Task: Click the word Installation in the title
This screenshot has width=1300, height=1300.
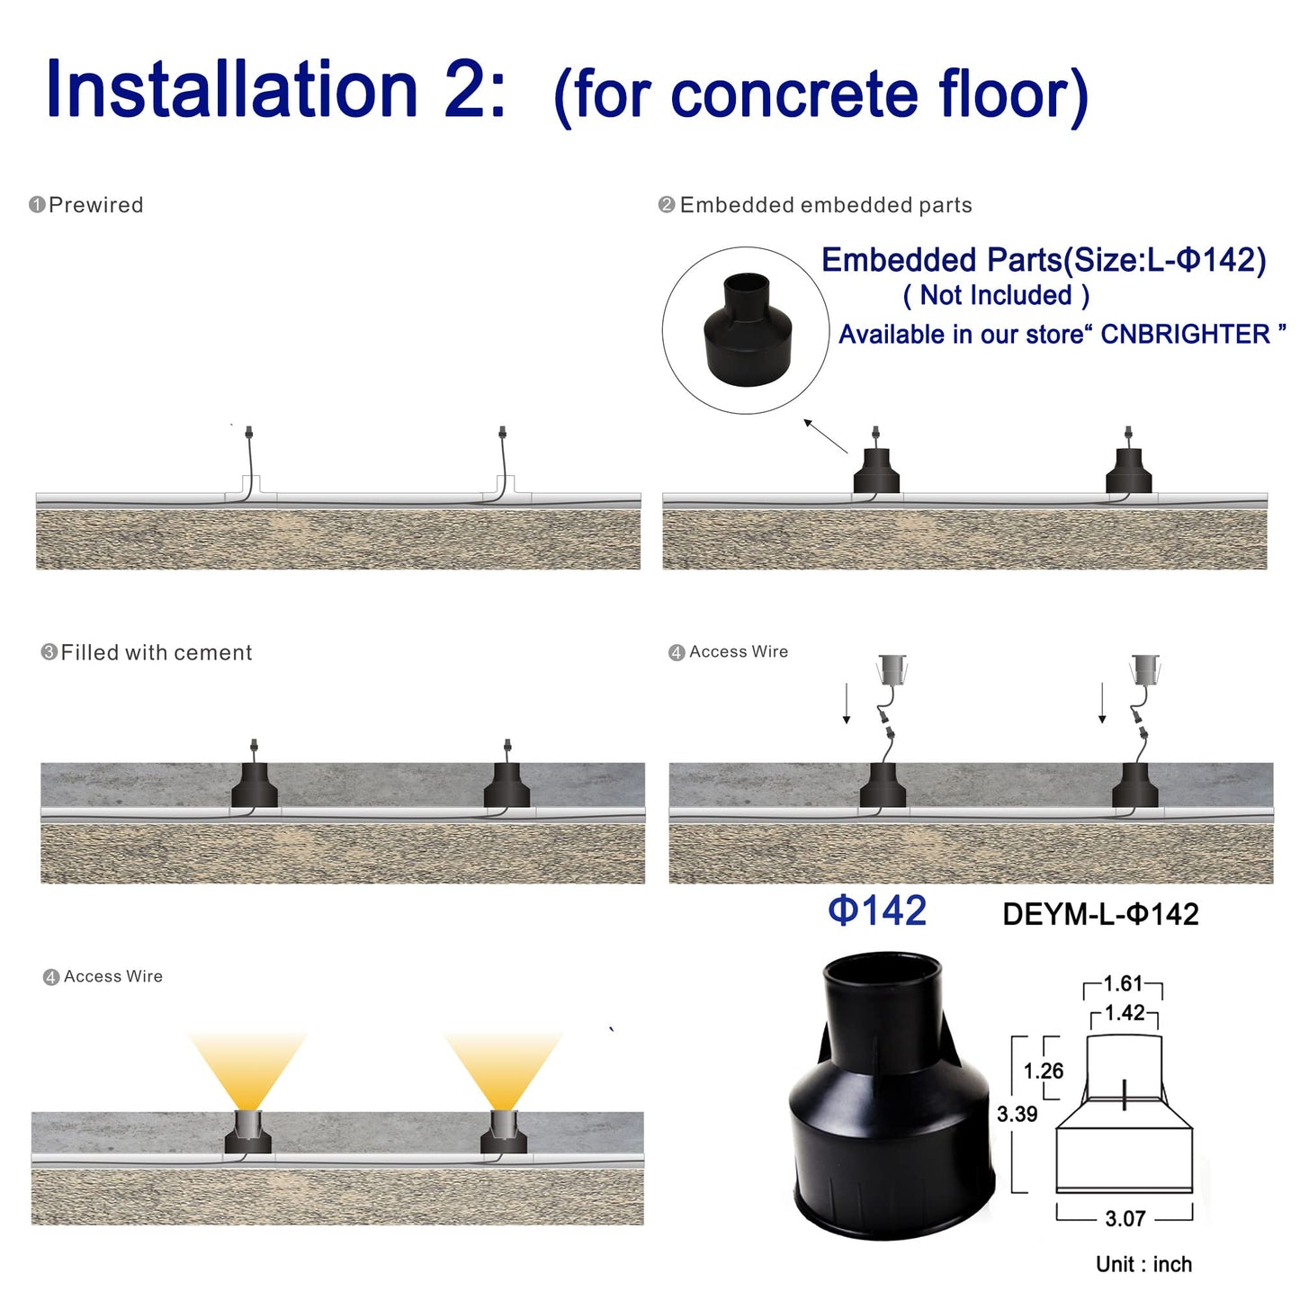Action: pos(232,90)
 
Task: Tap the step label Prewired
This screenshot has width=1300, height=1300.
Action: pos(95,205)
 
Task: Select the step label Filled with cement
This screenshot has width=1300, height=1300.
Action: pos(156,652)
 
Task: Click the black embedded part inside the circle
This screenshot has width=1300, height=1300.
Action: pos(747,329)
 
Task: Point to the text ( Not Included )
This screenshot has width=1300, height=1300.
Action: pos(996,295)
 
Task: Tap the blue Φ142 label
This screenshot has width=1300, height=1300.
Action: pos(877,910)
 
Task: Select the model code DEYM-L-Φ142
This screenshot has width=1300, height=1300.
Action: pos(1100,914)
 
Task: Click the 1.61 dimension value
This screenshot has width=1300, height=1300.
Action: pos(1123,983)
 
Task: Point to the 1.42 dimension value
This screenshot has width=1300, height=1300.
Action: pos(1125,1013)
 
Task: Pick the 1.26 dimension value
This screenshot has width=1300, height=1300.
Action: pos(1044,1071)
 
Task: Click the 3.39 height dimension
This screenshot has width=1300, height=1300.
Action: pos(1017,1114)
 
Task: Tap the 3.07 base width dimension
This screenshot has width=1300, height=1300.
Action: pos(1125,1219)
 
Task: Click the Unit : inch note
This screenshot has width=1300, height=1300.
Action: pos(1143,1264)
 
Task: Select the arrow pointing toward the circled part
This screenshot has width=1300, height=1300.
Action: pos(826,435)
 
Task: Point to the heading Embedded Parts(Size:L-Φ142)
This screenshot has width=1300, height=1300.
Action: pos(1044,260)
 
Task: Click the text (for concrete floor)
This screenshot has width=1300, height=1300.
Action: pos(820,94)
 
